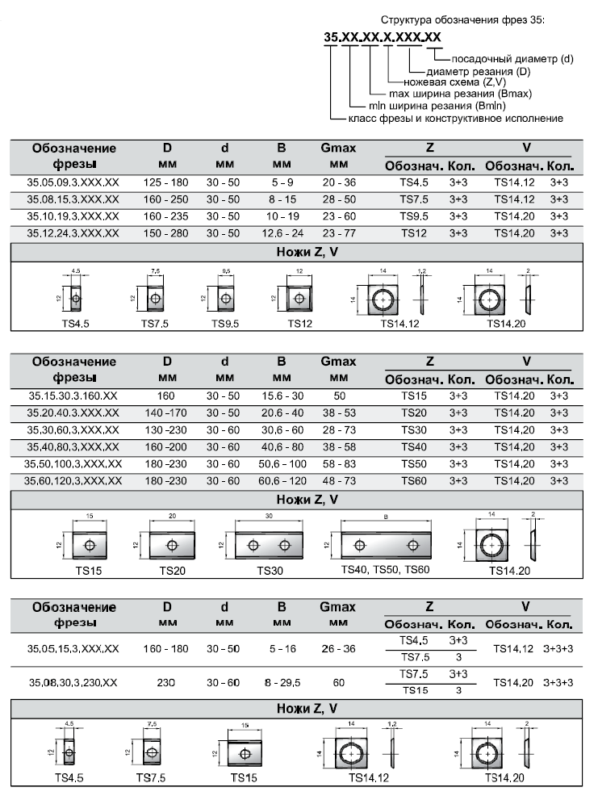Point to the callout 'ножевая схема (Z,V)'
coord(448,82)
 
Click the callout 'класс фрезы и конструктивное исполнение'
coord(455,119)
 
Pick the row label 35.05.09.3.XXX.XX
coord(73,182)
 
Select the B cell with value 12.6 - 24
coord(282,233)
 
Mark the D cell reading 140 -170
coord(166,413)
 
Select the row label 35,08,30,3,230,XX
coord(73,682)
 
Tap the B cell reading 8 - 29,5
coord(282,682)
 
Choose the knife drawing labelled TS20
coord(172,545)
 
